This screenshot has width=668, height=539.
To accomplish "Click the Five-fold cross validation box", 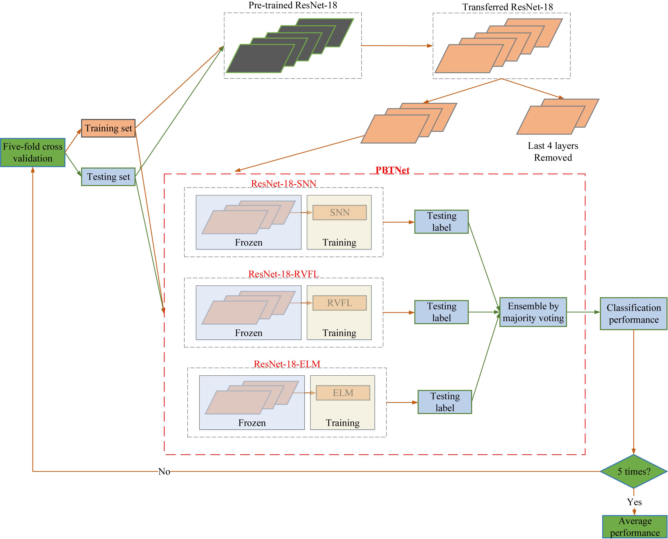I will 33,153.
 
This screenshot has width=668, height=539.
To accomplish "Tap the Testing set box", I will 108,177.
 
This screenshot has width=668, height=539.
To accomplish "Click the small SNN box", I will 339,213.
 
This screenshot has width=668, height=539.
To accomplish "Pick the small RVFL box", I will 339,303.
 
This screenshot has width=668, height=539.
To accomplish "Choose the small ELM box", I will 343,393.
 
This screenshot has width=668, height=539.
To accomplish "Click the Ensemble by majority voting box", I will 533,312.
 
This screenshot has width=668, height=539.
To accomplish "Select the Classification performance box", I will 633,313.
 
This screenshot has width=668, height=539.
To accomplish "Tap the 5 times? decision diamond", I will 633,472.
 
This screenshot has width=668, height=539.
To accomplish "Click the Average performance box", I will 635,527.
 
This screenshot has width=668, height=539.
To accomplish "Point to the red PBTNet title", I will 392,170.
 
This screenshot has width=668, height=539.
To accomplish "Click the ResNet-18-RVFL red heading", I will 283,274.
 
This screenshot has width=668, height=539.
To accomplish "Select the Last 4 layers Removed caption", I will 553,152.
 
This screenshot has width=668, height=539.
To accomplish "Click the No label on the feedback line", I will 164,472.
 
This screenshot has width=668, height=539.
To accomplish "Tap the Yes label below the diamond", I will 634,502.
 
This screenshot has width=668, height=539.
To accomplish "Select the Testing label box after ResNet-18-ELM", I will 445,402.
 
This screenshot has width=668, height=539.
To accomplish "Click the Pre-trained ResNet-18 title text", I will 293,5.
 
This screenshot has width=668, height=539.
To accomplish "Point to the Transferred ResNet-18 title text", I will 508,7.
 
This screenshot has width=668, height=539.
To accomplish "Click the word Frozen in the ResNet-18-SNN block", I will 248,243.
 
